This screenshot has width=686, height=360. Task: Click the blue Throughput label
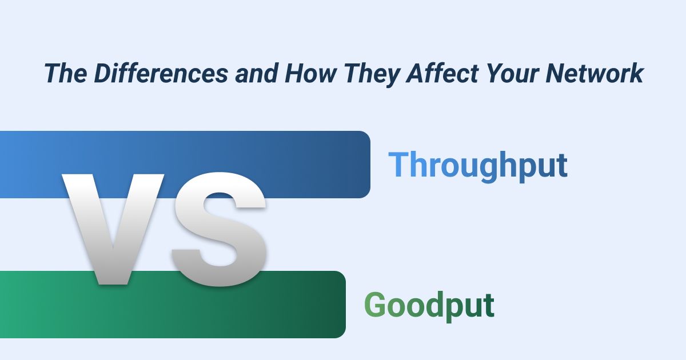478,166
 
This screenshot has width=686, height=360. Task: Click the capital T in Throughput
398,165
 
